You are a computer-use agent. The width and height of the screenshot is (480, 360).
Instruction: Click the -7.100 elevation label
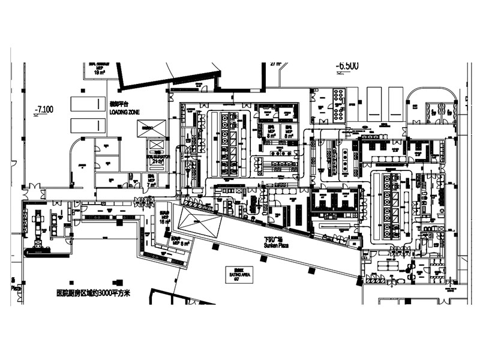(44, 109)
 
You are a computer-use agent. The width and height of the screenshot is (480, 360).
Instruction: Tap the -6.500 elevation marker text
(347, 66)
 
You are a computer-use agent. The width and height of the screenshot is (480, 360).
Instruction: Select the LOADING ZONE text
(125, 112)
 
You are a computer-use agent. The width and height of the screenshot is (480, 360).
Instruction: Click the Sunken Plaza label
(268, 245)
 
